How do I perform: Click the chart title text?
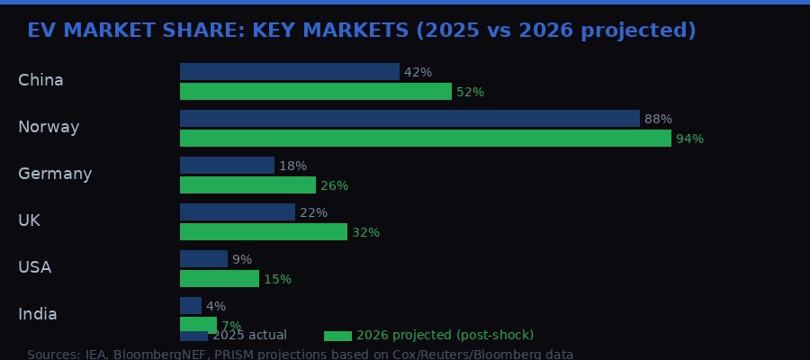(x=361, y=31)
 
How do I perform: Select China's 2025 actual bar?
(x=289, y=72)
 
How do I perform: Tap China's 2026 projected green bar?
(x=315, y=92)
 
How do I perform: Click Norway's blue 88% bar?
(x=409, y=119)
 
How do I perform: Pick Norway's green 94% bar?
(x=425, y=139)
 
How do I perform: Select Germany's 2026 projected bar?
(x=247, y=185)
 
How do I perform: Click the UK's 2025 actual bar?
(x=237, y=212)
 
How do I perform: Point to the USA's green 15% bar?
(x=219, y=279)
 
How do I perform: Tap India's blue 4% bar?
(x=190, y=306)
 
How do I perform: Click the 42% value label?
(x=418, y=72)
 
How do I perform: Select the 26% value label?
(x=334, y=185)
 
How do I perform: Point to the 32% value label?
(x=365, y=232)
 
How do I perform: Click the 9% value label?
(x=242, y=259)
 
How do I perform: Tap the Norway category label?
(x=49, y=127)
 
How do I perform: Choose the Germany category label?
(x=55, y=174)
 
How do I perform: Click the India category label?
(x=38, y=314)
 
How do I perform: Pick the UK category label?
(x=29, y=220)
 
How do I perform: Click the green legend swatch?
(x=337, y=336)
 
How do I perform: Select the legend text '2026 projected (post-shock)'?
(x=445, y=336)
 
